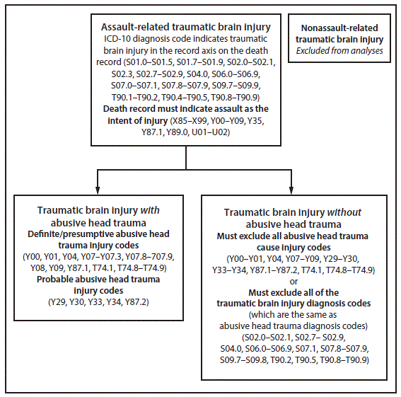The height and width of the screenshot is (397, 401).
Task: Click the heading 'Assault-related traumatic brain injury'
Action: click(x=185, y=27)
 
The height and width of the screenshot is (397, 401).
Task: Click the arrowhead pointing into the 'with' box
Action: click(x=98, y=188)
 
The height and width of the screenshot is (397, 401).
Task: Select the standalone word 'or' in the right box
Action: click(x=299, y=281)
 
